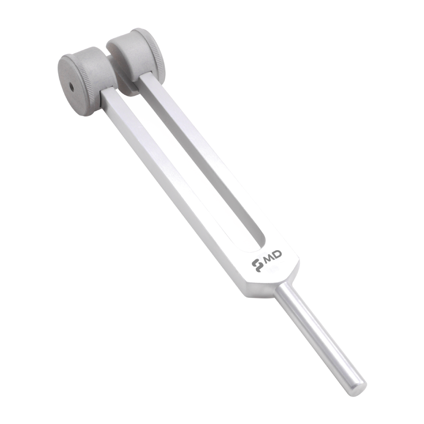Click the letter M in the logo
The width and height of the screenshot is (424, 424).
(x=267, y=259)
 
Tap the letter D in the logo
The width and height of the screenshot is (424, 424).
(x=277, y=254)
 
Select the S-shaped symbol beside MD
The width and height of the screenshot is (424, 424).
(x=257, y=266)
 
